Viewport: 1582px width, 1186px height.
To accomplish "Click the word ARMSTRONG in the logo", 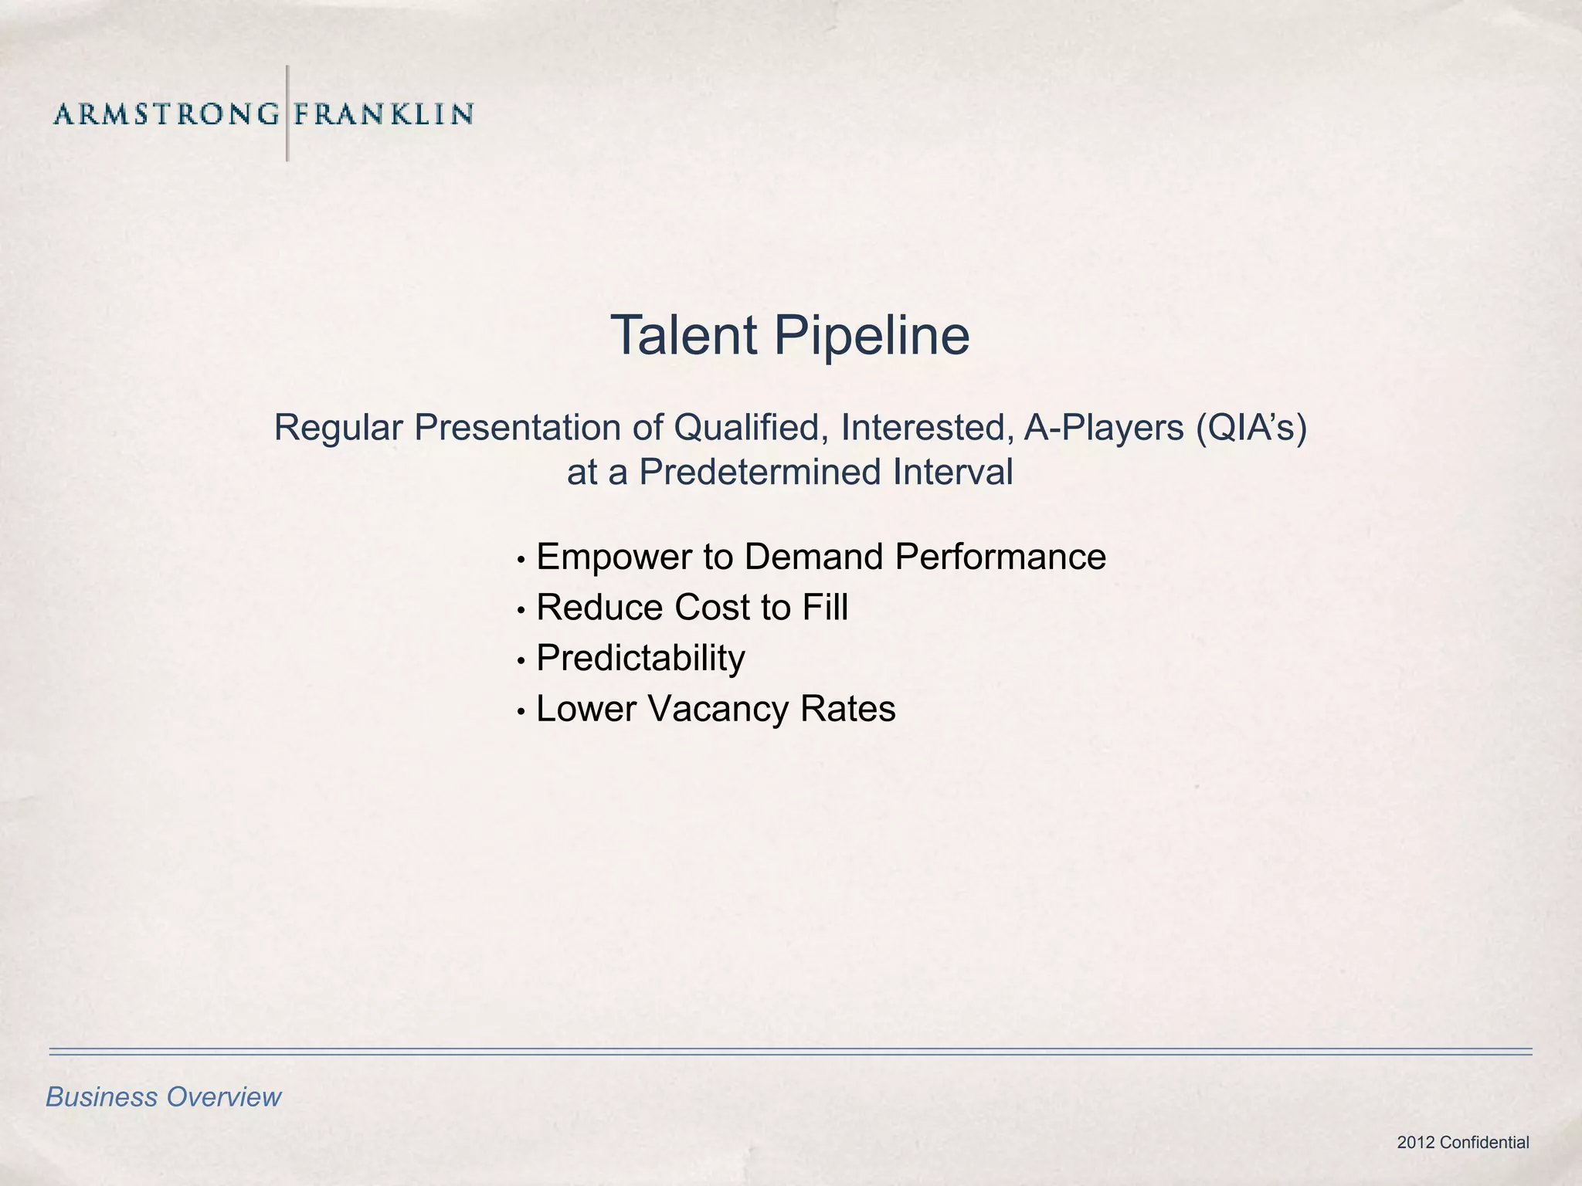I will (x=166, y=114).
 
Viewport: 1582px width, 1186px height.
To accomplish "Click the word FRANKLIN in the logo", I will (x=383, y=114).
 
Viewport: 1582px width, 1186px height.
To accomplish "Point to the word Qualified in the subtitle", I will (x=752, y=428).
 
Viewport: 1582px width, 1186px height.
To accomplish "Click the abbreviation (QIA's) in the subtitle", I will (x=1251, y=428).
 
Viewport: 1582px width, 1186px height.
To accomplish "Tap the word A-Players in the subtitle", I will (x=1104, y=428).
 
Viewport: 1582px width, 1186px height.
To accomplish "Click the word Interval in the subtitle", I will (x=953, y=472).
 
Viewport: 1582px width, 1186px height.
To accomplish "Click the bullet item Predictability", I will (x=640, y=659).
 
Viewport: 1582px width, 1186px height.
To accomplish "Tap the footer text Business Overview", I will (x=164, y=1097).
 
